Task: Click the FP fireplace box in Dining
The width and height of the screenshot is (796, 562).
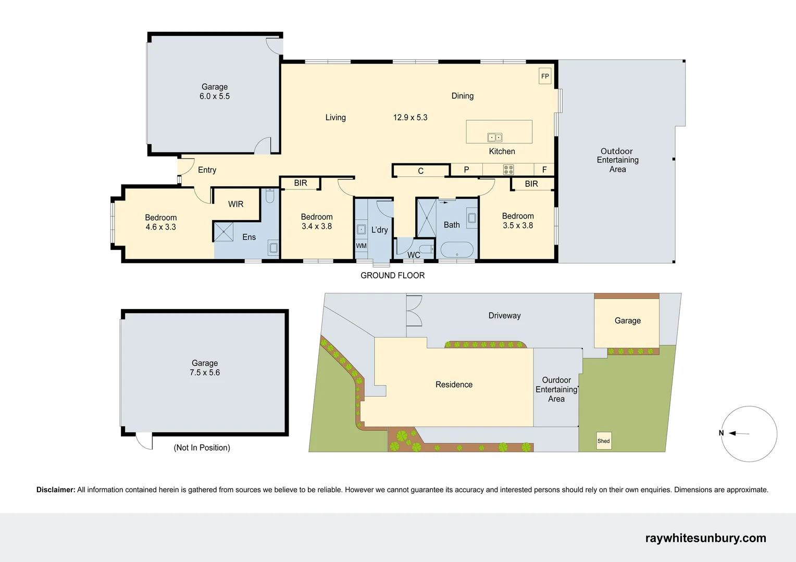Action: (x=545, y=76)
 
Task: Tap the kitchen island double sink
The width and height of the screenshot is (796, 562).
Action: (x=494, y=137)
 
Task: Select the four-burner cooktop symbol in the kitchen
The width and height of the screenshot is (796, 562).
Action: (x=508, y=170)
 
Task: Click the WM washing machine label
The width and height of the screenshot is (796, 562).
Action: (x=361, y=246)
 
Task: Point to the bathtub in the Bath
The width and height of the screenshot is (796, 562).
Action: (x=457, y=250)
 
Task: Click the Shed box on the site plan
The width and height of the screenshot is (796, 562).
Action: (x=603, y=441)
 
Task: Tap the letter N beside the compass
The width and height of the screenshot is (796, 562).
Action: (x=721, y=433)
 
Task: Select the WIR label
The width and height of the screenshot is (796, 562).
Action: (x=235, y=204)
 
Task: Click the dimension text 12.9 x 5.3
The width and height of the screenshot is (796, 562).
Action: (x=410, y=118)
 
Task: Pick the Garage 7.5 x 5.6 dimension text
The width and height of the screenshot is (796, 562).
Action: (x=205, y=373)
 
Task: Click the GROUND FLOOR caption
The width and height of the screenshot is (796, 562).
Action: (x=392, y=275)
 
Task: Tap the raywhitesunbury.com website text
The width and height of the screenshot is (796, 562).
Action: (x=705, y=538)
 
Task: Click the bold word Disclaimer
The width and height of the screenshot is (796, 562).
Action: (x=55, y=490)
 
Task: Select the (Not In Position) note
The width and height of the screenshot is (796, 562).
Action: (x=202, y=448)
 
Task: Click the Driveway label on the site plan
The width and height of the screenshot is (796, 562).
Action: (x=504, y=315)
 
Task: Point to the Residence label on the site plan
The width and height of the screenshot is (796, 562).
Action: (x=454, y=385)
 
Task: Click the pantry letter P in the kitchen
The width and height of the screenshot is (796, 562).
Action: (x=466, y=170)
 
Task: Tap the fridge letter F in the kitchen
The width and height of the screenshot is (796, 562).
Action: (x=544, y=170)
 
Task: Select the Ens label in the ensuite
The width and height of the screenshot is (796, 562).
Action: (x=249, y=237)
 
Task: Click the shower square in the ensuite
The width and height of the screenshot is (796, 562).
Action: (x=223, y=232)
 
